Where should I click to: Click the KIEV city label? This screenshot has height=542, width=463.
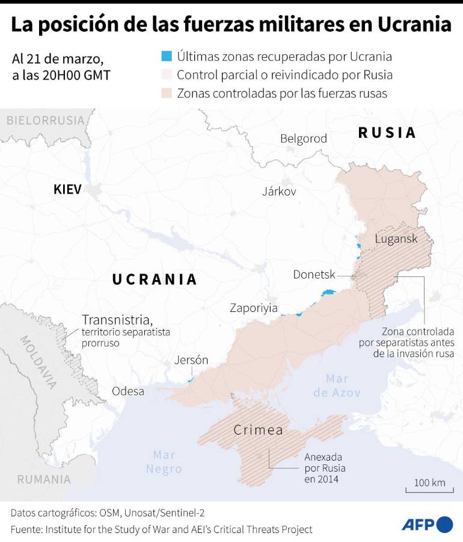point(67,190)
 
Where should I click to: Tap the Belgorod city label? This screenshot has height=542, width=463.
point(304,139)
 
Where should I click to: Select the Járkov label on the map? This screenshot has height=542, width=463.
point(279,192)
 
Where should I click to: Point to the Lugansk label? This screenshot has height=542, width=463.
point(396,238)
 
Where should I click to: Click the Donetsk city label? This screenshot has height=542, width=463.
point(314,275)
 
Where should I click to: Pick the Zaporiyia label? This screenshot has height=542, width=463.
point(254,308)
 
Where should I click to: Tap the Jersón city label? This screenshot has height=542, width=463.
point(191,360)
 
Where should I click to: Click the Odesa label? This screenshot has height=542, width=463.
point(128,391)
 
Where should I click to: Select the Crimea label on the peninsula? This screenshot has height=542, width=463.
point(258,430)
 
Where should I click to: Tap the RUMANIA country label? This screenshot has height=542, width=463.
point(44,479)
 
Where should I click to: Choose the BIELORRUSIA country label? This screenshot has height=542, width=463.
point(45,120)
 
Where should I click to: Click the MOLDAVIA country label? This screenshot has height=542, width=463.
point(39,361)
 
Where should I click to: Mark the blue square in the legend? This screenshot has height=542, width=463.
point(167,57)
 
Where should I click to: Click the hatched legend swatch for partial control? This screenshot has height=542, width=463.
point(167,75)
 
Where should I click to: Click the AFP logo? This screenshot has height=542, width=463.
point(427,524)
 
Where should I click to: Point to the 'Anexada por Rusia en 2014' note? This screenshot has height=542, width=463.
point(325,468)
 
